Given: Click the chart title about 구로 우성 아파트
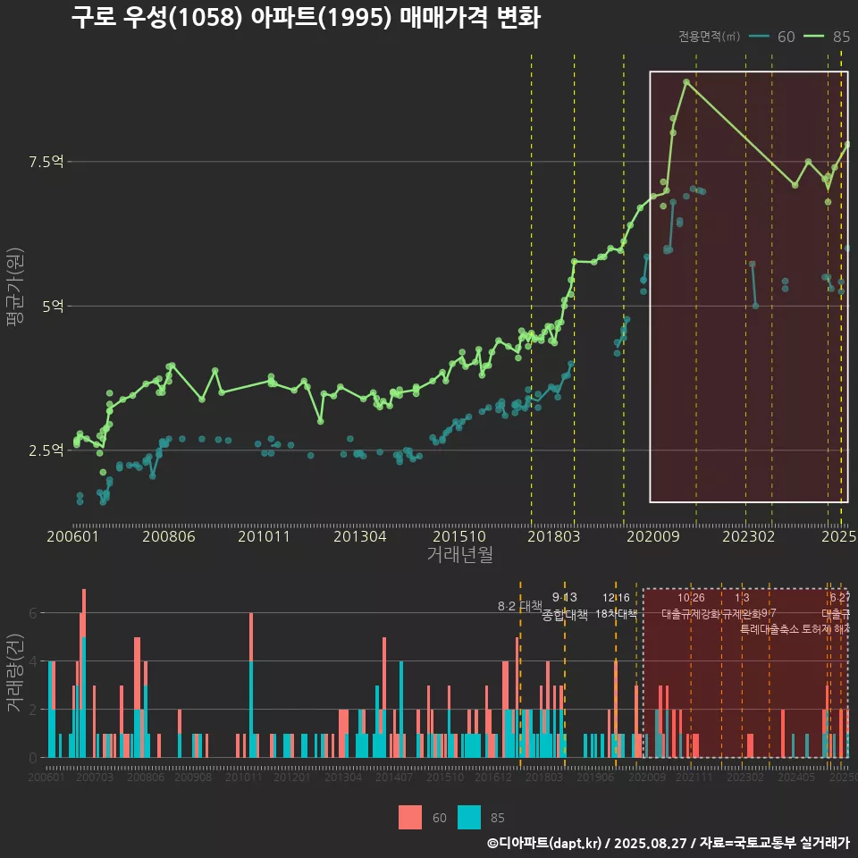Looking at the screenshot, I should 306,19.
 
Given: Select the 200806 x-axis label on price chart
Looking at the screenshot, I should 168,537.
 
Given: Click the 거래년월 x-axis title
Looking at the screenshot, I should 459,555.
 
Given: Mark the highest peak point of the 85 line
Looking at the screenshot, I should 686,82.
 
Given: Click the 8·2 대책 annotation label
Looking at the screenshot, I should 519,606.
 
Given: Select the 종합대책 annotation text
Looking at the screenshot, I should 564,615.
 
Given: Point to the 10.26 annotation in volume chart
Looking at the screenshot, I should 691,598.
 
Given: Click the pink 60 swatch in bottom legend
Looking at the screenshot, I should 410,817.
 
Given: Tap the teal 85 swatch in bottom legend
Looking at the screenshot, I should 469,817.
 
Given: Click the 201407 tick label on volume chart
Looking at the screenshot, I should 393,778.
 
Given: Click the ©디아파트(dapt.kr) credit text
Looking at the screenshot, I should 544,843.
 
